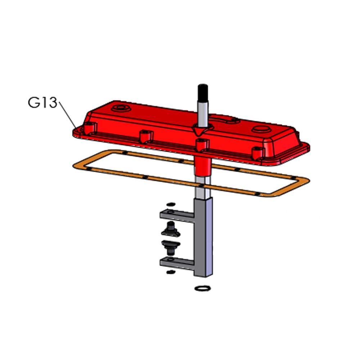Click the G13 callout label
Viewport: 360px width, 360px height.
tap(42, 102)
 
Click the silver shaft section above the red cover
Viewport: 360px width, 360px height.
tap(203, 114)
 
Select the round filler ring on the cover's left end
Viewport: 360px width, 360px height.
tap(121, 108)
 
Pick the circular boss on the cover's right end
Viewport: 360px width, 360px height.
tap(262, 129)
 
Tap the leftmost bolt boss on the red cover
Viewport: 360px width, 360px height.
tap(90, 129)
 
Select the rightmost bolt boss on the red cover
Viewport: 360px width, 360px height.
tap(258, 153)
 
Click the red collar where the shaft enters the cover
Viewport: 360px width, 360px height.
tap(203, 130)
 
